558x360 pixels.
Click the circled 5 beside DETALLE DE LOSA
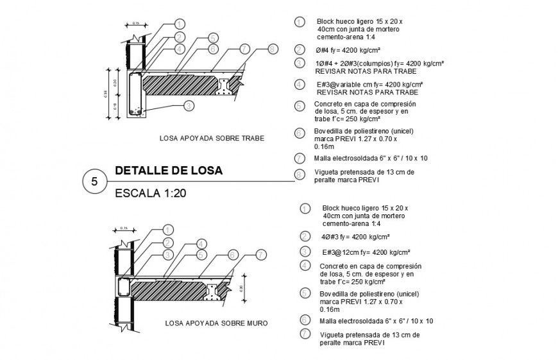click(x=95, y=182)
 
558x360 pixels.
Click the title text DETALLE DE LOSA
click(x=168, y=171)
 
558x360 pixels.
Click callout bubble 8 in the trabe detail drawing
click(x=272, y=49)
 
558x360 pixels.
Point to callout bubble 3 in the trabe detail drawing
click(x=188, y=106)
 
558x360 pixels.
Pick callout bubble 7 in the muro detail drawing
click(x=261, y=255)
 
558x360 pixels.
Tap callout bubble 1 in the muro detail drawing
click(x=169, y=229)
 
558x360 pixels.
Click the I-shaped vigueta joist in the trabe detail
click(x=226, y=86)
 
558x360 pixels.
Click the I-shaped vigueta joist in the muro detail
click(x=212, y=292)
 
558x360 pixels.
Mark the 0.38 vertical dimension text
click(x=106, y=94)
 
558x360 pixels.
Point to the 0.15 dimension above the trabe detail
click(x=136, y=24)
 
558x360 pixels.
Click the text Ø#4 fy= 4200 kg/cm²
click(x=348, y=49)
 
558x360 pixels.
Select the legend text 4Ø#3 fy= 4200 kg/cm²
click(x=354, y=236)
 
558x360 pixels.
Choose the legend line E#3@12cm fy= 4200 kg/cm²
click(x=366, y=252)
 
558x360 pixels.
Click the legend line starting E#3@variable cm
click(x=368, y=84)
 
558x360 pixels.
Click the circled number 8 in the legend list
click(x=299, y=175)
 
